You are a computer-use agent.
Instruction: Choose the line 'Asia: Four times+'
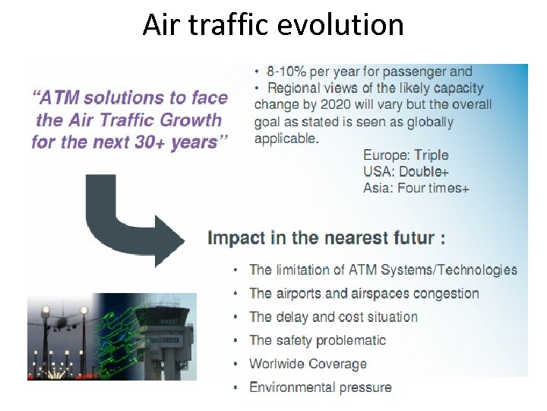(x=416, y=188)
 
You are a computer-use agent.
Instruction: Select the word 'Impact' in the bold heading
(x=236, y=237)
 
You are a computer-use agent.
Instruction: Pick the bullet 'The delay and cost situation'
(x=334, y=317)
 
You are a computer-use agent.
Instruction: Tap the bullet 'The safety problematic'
(x=318, y=340)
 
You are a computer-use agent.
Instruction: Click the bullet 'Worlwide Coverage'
(x=308, y=364)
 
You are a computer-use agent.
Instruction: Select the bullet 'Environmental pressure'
(x=321, y=387)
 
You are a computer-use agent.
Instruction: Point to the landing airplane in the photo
(x=60, y=326)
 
